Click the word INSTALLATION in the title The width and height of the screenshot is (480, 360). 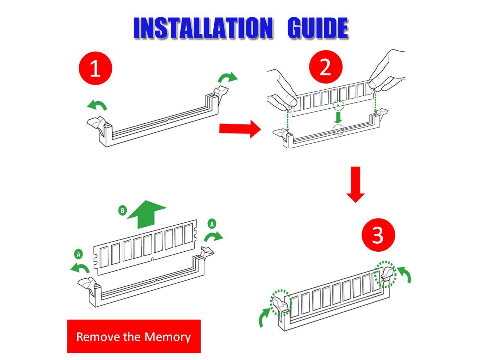pos(202,28)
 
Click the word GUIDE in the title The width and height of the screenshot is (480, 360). pos(317,28)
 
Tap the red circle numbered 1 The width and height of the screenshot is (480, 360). pos(95,68)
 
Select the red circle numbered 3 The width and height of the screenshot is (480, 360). pos(378,235)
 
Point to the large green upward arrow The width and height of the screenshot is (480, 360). pos(147,214)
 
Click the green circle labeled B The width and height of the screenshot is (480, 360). pos(123,210)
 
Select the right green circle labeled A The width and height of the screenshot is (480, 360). pos(212,224)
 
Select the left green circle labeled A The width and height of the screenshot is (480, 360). pos(78,254)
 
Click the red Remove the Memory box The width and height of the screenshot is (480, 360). pos(134,336)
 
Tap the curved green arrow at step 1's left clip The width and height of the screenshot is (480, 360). pos(97,105)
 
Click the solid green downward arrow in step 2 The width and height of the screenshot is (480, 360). pos(338,117)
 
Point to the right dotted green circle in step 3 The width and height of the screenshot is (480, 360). pos(386,274)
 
